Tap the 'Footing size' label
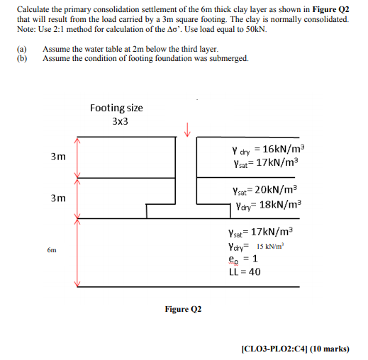coord(116,108)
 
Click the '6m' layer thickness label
coord(52,250)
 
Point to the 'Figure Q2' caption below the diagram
coord(183,310)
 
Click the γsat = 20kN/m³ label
coord(265,191)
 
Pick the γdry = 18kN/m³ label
coord(265,206)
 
